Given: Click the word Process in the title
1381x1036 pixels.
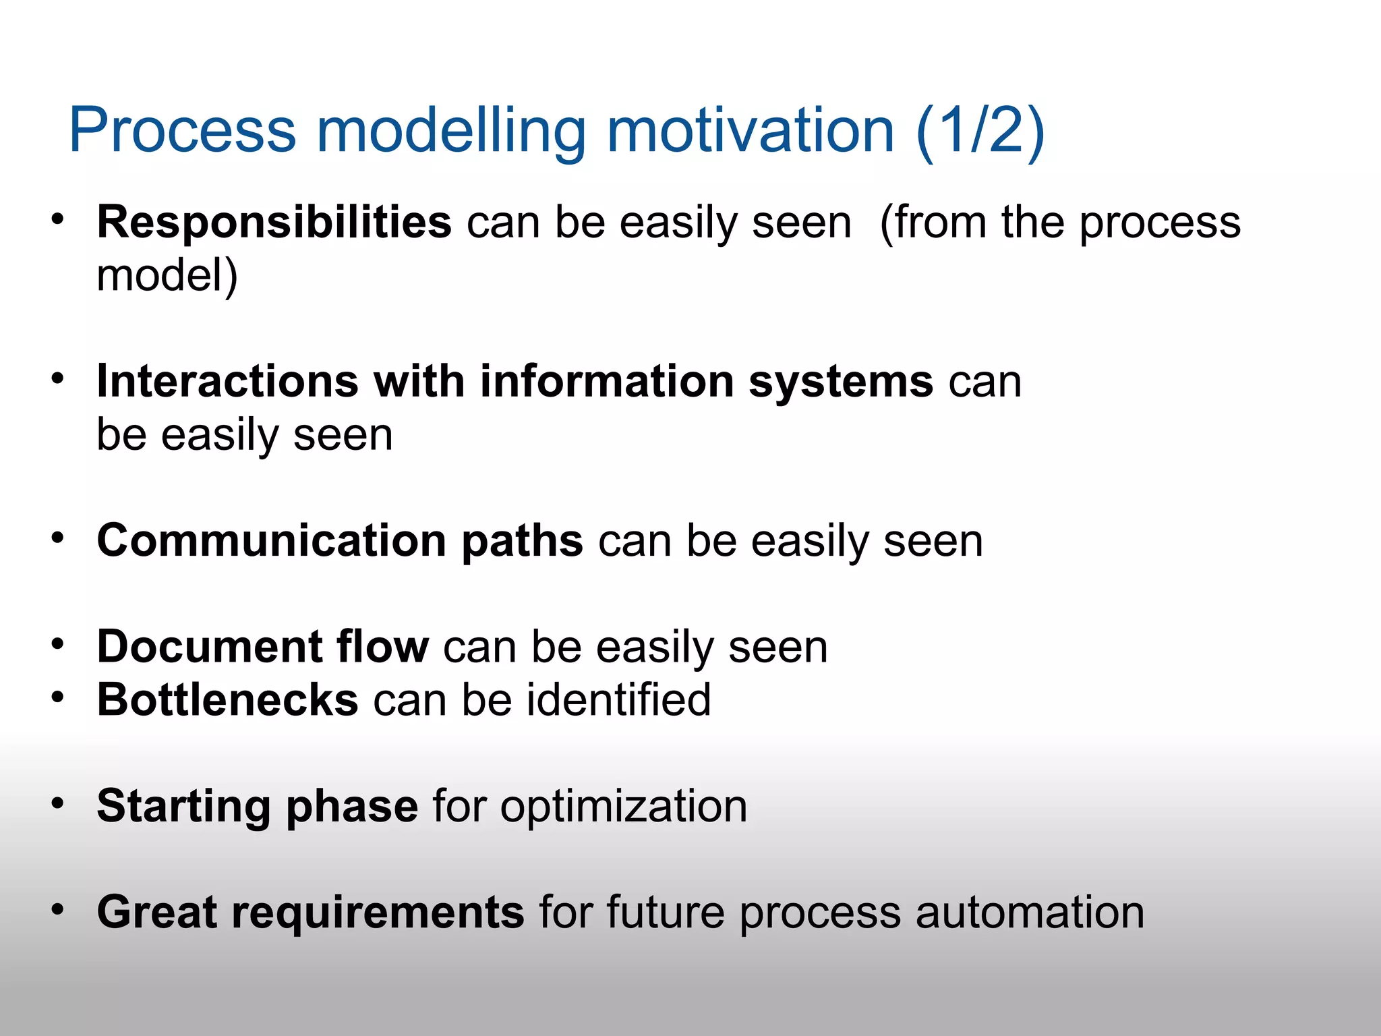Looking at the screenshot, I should click(183, 130).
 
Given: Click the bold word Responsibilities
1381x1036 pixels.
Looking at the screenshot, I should click(274, 223).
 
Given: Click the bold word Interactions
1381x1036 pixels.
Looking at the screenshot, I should click(227, 382).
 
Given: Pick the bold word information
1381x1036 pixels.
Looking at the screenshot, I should click(606, 382).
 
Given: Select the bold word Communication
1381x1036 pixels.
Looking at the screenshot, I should click(272, 541).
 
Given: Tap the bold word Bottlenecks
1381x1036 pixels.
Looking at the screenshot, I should click(227, 700).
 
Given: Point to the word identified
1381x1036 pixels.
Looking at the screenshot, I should click(618, 700).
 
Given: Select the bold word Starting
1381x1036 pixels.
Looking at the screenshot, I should click(183, 807).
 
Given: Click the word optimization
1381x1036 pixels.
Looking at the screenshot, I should click(623, 807).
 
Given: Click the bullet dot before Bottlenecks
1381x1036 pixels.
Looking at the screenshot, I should click(58, 697).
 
